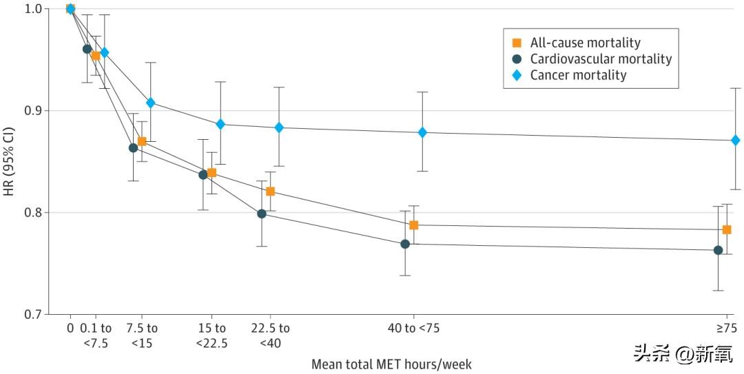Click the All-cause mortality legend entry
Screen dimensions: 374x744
[585, 43]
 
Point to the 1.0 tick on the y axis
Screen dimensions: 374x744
[32, 8]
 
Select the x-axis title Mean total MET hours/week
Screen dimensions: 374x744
[391, 364]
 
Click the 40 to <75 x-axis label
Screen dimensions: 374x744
[413, 328]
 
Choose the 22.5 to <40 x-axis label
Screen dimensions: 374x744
[270, 335]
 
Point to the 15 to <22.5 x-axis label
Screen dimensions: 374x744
[211, 335]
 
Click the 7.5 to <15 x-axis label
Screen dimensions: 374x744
[143, 335]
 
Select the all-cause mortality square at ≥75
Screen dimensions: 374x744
[726, 229]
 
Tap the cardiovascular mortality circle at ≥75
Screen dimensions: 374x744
[718, 250]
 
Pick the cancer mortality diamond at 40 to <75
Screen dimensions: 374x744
[422, 132]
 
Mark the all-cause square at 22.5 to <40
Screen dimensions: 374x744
[270, 191]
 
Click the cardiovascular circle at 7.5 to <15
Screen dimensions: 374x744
[133, 147]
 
